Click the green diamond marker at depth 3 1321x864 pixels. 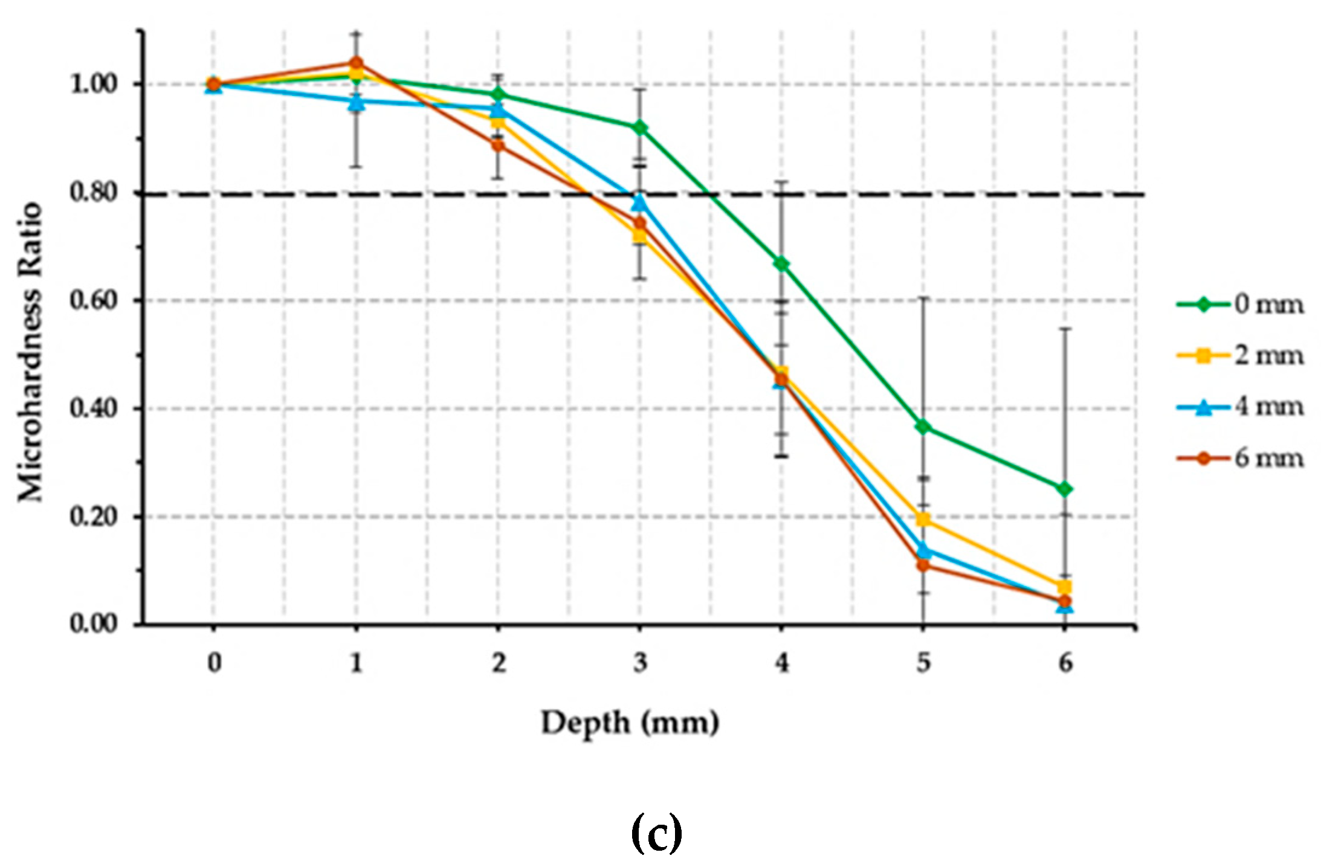[x=639, y=127]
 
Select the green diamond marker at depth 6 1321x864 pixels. [x=1064, y=489]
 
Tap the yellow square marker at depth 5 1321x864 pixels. [x=923, y=520]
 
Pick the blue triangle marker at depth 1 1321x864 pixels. [x=357, y=102]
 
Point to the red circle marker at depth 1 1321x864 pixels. [x=357, y=63]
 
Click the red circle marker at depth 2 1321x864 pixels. [x=498, y=145]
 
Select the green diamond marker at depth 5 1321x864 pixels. [x=923, y=427]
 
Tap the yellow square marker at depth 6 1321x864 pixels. [x=1064, y=587]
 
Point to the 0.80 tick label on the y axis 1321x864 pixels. [x=93, y=193]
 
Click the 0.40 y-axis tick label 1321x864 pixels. [x=93, y=408]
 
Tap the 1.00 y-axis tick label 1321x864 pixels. [x=93, y=84]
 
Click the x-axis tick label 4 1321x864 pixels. [x=781, y=663]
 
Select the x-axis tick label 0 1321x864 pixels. [x=214, y=663]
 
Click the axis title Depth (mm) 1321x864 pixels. [x=630, y=723]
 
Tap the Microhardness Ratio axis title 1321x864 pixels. [x=30, y=352]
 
